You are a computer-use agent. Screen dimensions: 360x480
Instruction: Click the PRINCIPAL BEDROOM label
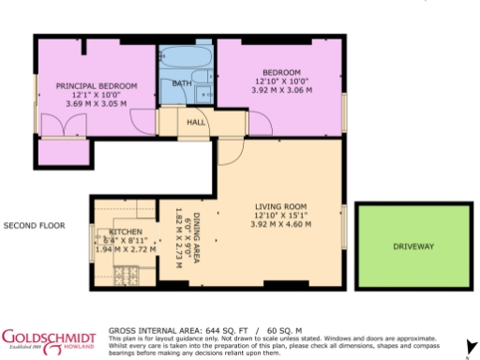[97, 86]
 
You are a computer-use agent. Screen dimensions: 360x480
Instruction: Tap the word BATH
[181, 84]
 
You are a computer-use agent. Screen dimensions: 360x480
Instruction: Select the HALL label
[196, 122]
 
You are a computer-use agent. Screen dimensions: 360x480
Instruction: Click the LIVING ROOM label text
[282, 206]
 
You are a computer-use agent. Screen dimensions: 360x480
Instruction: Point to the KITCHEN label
[126, 231]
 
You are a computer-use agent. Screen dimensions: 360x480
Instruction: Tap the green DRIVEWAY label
[413, 247]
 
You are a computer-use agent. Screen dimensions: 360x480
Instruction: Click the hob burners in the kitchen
[123, 274]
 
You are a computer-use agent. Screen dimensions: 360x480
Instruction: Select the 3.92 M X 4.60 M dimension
[282, 225]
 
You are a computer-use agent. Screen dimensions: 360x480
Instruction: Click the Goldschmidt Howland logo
[49, 338]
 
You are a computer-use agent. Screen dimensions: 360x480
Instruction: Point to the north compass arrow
[468, 345]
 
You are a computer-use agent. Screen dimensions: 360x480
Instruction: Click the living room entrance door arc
[229, 151]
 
